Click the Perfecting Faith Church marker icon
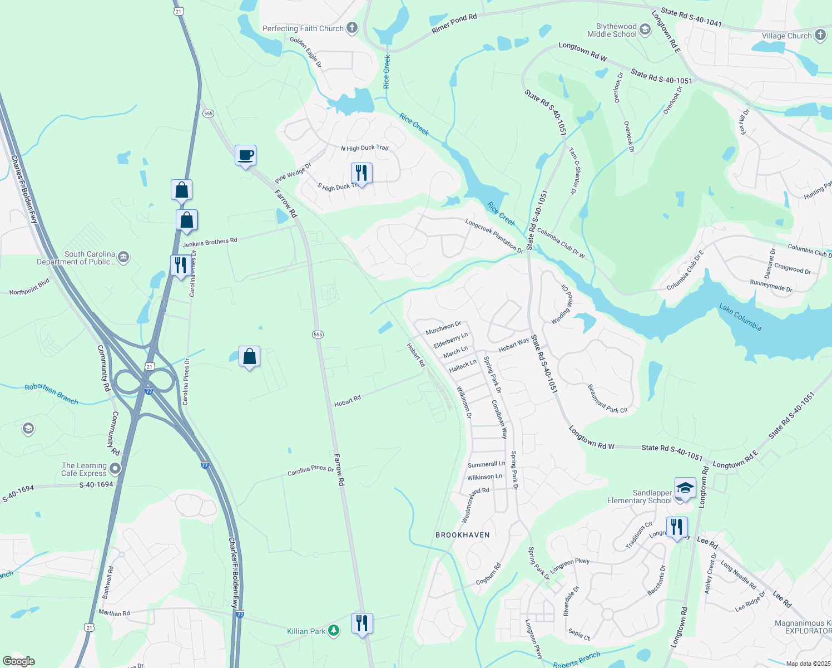click(x=352, y=28)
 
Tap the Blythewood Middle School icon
click(x=645, y=30)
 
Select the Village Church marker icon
click(x=820, y=35)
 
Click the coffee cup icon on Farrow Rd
click(x=245, y=155)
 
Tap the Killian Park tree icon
click(x=334, y=631)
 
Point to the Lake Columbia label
click(x=740, y=316)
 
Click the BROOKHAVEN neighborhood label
click(x=463, y=535)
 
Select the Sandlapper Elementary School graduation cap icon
click(x=686, y=488)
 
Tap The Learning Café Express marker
click(x=115, y=469)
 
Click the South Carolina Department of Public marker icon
click(x=123, y=257)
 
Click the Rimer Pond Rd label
click(x=454, y=24)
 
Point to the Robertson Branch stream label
click(x=51, y=394)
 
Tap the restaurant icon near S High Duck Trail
click(x=361, y=173)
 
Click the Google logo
click(x=19, y=661)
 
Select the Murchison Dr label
click(x=443, y=328)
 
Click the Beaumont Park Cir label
click(x=607, y=399)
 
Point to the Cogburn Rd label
click(x=488, y=574)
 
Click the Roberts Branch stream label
click(x=577, y=660)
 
